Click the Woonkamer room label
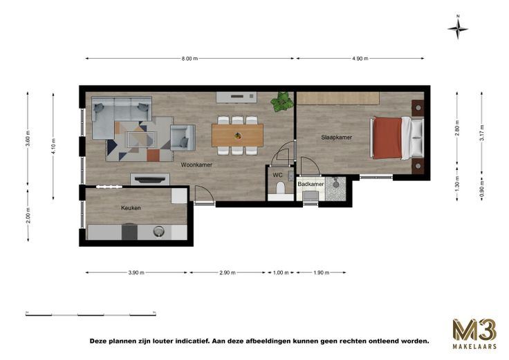pyautogui.click(x=196, y=164)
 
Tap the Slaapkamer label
pyautogui.click(x=337, y=138)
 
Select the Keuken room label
pyautogui.click(x=131, y=208)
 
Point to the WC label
pyautogui.click(x=277, y=175)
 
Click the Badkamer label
pyautogui.click(x=311, y=184)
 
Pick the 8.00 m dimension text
pyautogui.click(x=189, y=59)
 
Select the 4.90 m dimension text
pyautogui.click(x=360, y=59)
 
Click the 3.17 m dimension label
pyautogui.click(x=482, y=133)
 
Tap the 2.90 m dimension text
pyautogui.click(x=228, y=273)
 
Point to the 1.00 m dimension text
pyautogui.click(x=281, y=273)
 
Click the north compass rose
pyautogui.click(x=458, y=28)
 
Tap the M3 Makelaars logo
pyautogui.click(x=474, y=334)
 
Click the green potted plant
pyautogui.click(x=281, y=102)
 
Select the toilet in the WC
pyautogui.click(x=280, y=189)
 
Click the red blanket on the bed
pyautogui.click(x=387, y=138)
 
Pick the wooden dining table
pyautogui.click(x=237, y=135)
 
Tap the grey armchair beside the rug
pyautogui.click(x=183, y=138)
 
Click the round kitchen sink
pyautogui.click(x=158, y=231)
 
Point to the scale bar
pyautogui.click(x=91, y=314)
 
